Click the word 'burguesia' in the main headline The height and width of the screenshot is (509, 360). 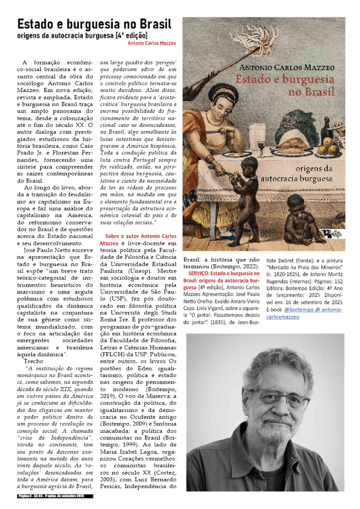[x=95, y=24]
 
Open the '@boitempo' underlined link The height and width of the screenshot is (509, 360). [x=298, y=309]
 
